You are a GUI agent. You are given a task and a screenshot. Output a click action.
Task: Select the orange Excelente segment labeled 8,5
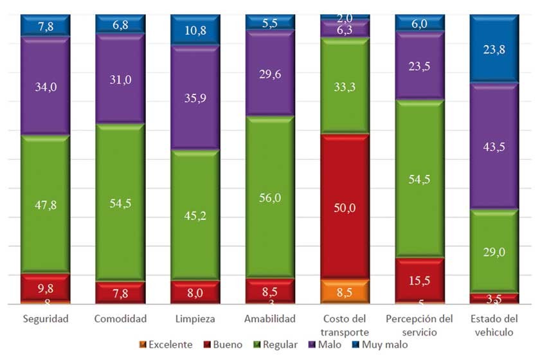pos(345,291)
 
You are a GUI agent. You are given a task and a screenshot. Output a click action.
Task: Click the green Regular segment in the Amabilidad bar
pos(270,197)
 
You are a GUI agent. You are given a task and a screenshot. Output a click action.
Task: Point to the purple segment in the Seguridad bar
pos(45,85)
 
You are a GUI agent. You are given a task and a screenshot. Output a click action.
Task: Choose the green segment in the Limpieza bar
pos(195,215)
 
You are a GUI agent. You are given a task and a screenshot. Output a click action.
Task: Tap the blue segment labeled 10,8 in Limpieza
pos(195,30)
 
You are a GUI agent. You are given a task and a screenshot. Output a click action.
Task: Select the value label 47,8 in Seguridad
pos(45,205)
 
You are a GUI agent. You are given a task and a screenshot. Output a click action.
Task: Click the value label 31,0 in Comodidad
pos(120,79)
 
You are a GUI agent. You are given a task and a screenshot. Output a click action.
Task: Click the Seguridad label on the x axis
pos(45,319)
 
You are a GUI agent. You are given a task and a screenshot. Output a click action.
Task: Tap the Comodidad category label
pos(120,319)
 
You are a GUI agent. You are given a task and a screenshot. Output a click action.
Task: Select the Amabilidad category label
pos(270,319)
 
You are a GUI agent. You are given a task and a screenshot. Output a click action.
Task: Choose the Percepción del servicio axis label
pos(420,325)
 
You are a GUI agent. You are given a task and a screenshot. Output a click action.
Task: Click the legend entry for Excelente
pos(166,345)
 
